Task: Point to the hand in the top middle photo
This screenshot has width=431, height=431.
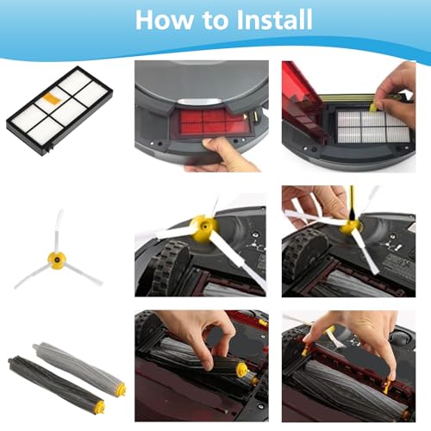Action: pyautogui.click(x=220, y=155)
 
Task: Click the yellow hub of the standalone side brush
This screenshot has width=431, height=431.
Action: pyautogui.click(x=58, y=259)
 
